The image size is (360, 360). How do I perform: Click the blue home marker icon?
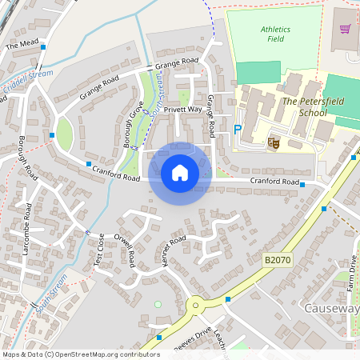[x=180, y=173]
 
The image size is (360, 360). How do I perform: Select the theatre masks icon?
[x=273, y=142]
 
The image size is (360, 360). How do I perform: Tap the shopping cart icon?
[x=346, y=30]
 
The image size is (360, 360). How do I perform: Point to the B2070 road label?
[x=276, y=260]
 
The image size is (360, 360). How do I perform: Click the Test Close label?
[x=99, y=250]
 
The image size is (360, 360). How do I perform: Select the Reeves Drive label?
[x=185, y=334]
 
